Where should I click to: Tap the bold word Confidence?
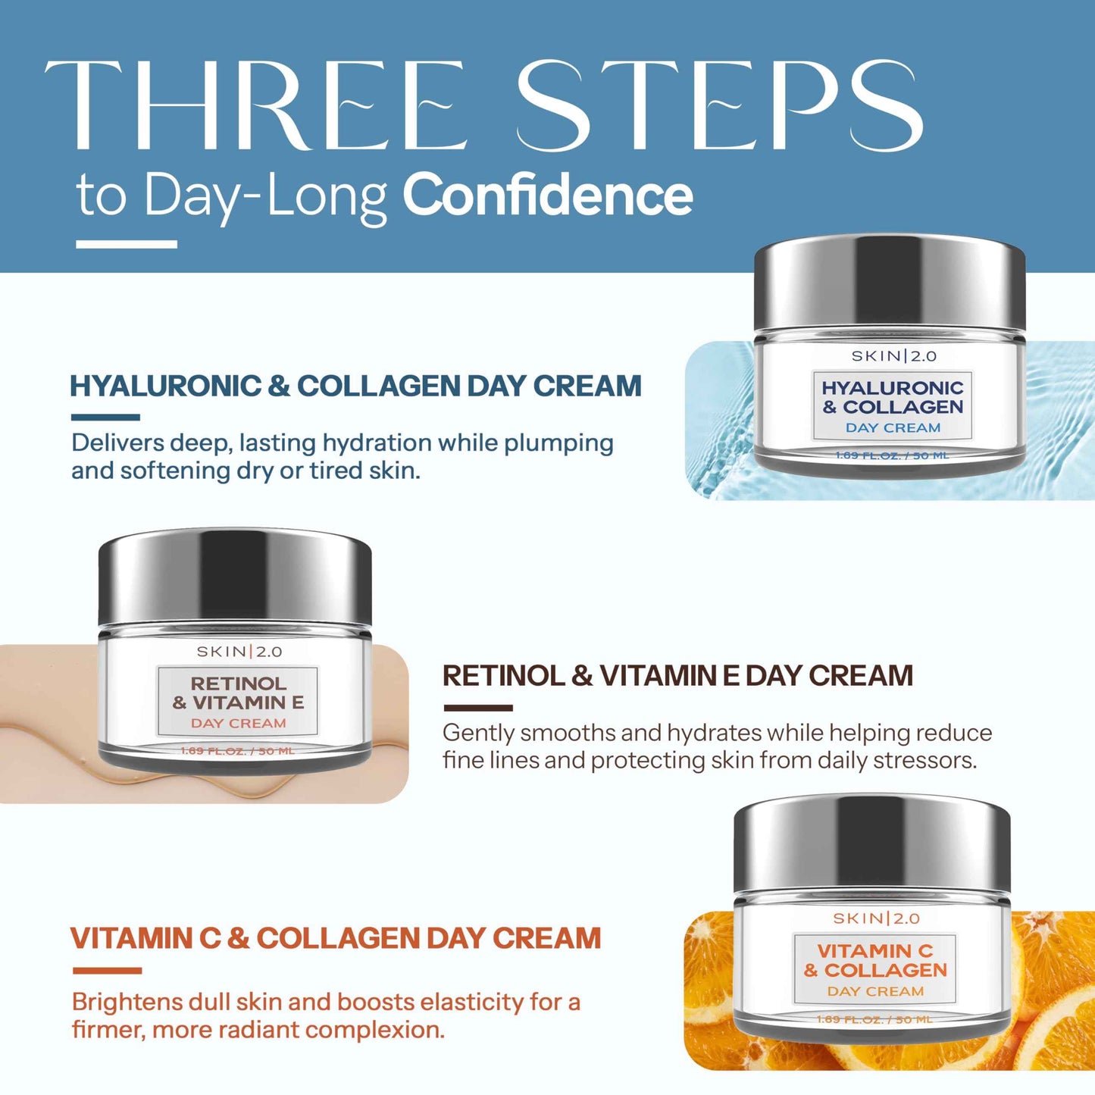[x=547, y=196]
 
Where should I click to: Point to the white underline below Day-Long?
[x=127, y=244]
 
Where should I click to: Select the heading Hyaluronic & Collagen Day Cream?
[x=355, y=386]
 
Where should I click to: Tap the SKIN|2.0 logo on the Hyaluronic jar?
[x=893, y=356]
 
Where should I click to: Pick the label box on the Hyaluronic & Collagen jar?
[x=892, y=406]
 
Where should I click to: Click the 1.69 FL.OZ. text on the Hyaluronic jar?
[x=892, y=455]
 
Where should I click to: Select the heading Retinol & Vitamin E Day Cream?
[x=677, y=676]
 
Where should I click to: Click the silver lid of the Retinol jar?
[x=235, y=576]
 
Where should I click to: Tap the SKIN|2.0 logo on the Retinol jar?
[x=239, y=652]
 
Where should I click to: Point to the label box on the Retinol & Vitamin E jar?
[x=238, y=702]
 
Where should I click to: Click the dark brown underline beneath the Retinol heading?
[x=477, y=708]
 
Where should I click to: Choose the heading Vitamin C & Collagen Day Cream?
[x=336, y=938]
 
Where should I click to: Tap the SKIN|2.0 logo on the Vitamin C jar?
[x=876, y=918]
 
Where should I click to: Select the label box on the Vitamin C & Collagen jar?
[x=875, y=969]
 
